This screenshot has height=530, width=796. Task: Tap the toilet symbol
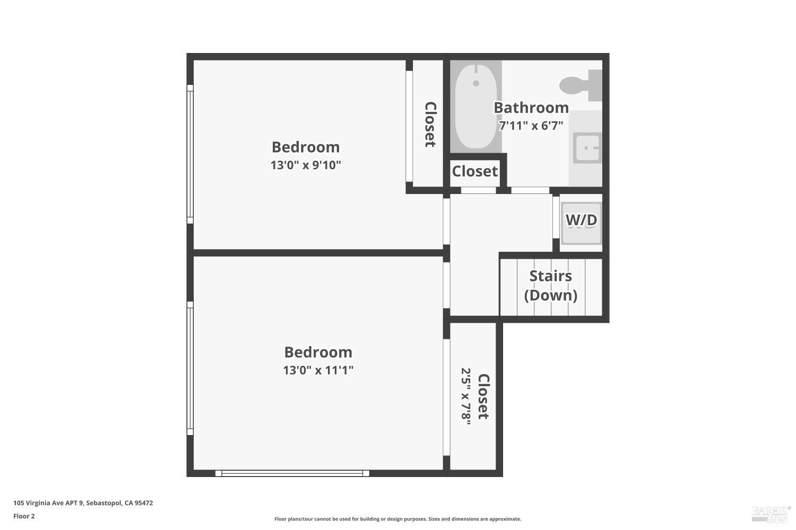(x=579, y=84)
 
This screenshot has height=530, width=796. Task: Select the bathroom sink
(x=586, y=148)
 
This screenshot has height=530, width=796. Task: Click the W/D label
(x=581, y=220)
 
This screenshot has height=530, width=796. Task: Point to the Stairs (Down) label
(x=551, y=285)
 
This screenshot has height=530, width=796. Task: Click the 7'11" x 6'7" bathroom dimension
(x=531, y=126)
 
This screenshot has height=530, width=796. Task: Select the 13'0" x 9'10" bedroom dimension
(x=306, y=165)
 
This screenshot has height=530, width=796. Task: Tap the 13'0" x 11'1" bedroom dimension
(x=318, y=370)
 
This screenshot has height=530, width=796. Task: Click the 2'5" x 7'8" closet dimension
(x=466, y=396)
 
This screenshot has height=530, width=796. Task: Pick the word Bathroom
(x=531, y=108)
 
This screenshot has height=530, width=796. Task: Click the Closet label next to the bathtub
(x=474, y=171)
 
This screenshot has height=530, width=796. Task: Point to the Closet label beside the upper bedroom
(x=430, y=125)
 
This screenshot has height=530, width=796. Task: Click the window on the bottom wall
(x=292, y=473)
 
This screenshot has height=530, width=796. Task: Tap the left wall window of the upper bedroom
(x=190, y=154)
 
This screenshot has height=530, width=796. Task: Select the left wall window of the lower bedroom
(x=190, y=368)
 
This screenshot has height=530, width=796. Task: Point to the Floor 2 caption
(x=24, y=516)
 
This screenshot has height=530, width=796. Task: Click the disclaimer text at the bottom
(x=397, y=519)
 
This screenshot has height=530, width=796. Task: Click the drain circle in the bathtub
(x=476, y=83)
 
